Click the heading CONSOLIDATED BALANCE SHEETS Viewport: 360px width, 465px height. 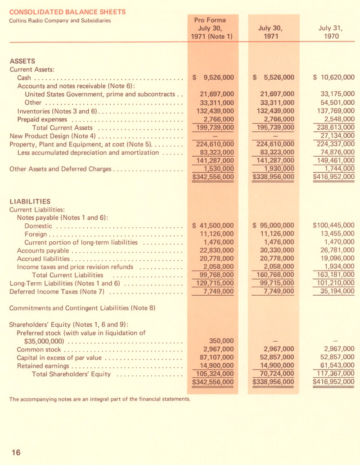click(67, 12)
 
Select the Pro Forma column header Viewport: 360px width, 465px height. click(210, 28)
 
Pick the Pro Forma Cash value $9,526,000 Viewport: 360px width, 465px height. click(213, 77)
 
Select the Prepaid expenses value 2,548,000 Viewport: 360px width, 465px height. click(337, 119)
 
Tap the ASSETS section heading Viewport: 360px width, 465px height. click(22, 61)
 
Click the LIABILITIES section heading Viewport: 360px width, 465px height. click(30, 201)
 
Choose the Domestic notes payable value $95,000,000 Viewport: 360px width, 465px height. click(273, 226)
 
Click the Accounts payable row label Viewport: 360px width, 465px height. click(43, 251)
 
